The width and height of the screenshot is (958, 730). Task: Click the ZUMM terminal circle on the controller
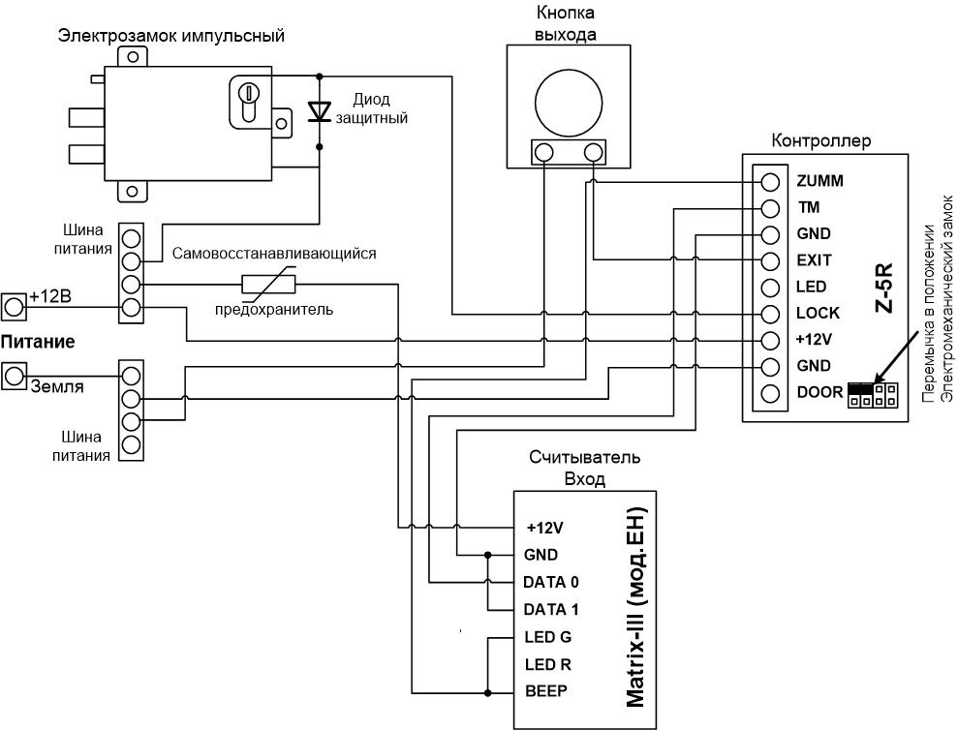tap(770, 182)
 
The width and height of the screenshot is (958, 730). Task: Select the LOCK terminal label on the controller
tap(818, 314)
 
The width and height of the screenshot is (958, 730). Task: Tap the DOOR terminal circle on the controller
tap(770, 393)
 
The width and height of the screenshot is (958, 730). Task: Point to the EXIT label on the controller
tap(814, 260)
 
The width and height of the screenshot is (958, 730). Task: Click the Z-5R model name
tap(884, 288)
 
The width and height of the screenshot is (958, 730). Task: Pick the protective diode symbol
tap(319, 111)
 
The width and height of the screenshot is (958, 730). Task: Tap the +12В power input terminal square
tap(14, 307)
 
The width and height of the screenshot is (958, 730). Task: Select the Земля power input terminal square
tap(14, 376)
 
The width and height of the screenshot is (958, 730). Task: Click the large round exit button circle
tap(569, 103)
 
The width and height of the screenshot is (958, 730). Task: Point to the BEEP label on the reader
tap(546, 691)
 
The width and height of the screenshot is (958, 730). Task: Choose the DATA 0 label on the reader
tap(550, 582)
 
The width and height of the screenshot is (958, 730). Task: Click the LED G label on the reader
tap(548, 637)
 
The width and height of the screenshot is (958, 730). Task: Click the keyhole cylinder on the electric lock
tap(249, 102)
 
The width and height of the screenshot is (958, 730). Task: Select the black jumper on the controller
tap(861, 388)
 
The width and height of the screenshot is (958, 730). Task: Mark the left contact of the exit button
tap(543, 152)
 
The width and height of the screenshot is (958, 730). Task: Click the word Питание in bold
tap(37, 342)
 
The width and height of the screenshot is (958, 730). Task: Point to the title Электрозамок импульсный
tap(171, 36)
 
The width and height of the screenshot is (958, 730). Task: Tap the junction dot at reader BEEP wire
tap(487, 693)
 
